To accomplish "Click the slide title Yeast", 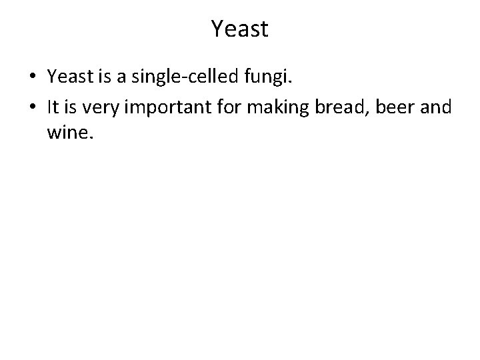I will (x=239, y=28).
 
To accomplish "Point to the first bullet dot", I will (x=32, y=79).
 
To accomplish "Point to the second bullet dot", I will (x=32, y=107).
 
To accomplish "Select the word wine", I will (x=69, y=135).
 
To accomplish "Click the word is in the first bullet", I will (x=107, y=78).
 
